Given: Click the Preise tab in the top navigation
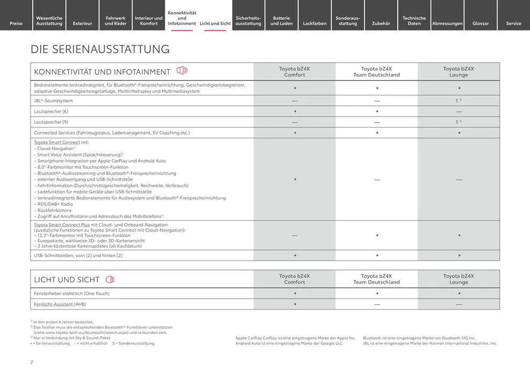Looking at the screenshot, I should (x=16, y=23).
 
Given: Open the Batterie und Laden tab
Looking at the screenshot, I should (x=282, y=20).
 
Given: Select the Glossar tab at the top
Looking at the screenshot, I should (x=480, y=23).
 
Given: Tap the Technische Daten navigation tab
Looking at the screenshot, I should (x=414, y=20).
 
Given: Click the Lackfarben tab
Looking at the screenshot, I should (x=315, y=23).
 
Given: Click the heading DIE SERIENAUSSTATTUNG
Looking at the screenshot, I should (x=100, y=49).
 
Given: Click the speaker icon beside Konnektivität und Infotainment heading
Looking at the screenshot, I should (x=182, y=71).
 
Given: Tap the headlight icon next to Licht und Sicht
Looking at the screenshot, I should (x=110, y=280).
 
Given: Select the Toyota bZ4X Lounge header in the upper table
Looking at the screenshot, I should (x=459, y=72).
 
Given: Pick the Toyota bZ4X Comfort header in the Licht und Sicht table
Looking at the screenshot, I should (x=294, y=279).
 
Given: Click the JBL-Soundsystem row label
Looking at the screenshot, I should (x=54, y=101).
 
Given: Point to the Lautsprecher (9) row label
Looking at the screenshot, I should (x=51, y=122).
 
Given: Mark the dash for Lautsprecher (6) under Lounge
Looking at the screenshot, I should (x=459, y=111).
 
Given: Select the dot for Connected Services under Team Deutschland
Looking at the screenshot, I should (x=377, y=133).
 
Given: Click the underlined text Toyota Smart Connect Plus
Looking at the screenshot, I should (x=62, y=225).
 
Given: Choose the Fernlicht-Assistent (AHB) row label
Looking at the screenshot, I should (x=60, y=304).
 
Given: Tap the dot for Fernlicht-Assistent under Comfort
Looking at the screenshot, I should (x=295, y=304).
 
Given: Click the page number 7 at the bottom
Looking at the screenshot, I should (x=32, y=363).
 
